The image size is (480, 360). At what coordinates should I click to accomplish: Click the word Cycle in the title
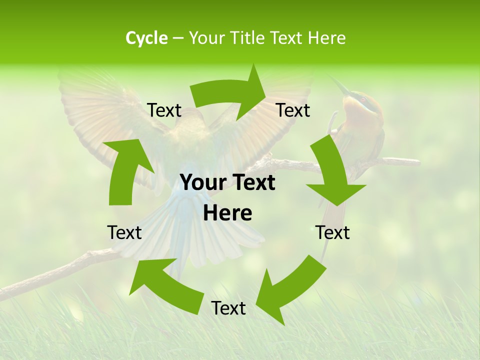point(146,38)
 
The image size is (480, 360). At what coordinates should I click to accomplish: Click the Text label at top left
point(164,110)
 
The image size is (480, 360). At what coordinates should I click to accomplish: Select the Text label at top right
point(293,110)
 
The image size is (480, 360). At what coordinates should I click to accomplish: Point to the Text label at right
point(332,232)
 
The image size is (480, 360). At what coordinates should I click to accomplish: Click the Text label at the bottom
point(228,308)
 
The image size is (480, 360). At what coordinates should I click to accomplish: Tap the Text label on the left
point(124,232)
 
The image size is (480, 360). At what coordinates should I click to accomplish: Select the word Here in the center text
point(227,213)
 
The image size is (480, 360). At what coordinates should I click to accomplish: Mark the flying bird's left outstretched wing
point(100,110)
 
